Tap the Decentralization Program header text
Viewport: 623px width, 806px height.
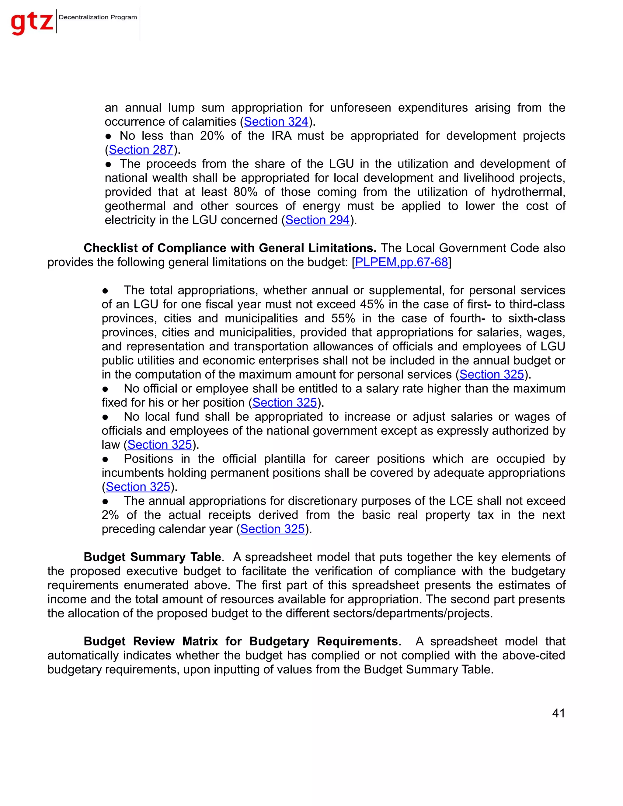coord(98,17)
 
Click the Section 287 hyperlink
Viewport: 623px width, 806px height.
coord(141,150)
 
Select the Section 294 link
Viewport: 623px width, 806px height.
coord(317,220)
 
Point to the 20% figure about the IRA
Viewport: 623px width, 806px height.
coord(212,136)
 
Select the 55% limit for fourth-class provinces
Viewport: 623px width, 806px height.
coord(343,318)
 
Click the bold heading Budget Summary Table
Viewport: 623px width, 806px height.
coord(152,557)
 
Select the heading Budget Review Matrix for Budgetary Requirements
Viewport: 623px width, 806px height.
coord(241,641)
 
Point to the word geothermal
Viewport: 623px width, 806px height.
coord(135,206)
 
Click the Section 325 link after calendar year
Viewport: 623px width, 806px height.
coord(272,529)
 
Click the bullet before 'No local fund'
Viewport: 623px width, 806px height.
coord(105,417)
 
